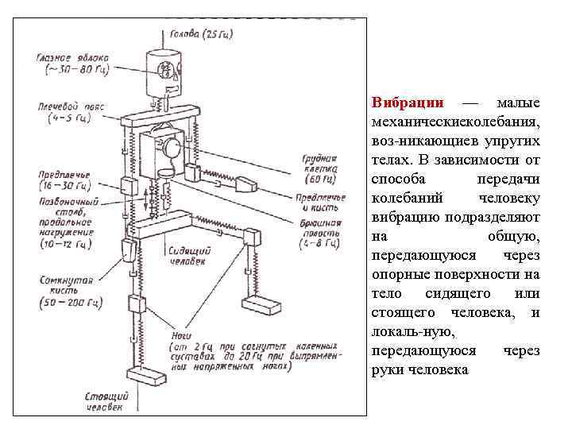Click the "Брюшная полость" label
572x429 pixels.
pyautogui.click(x=320, y=234)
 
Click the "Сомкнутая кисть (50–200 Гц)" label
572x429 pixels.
pyautogui.click(x=68, y=292)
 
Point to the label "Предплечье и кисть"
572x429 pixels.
pyautogui.click(x=319, y=202)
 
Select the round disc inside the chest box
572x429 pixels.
pyautogui.click(x=171, y=148)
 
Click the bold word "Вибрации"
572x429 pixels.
pyautogui.click(x=401, y=104)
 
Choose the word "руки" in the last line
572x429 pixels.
pyautogui.click(x=385, y=371)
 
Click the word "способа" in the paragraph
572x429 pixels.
pyautogui.click(x=396, y=180)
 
